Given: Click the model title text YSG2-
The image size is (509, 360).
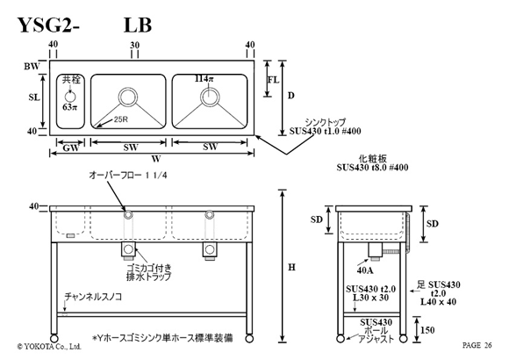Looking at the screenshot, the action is (48, 25).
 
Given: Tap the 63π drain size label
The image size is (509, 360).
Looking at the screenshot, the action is (70, 106).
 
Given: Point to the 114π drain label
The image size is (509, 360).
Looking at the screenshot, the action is (204, 78).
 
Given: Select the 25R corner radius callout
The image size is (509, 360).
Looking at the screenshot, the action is (121, 119).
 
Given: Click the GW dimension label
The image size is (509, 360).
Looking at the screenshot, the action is (71, 148).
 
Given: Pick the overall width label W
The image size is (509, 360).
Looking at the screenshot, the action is (156, 159).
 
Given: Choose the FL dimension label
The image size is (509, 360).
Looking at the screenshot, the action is (273, 80).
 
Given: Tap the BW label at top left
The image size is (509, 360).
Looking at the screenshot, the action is (32, 67).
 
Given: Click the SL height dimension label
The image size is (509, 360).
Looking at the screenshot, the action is (33, 97).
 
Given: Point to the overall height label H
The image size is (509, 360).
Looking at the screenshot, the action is (292, 267).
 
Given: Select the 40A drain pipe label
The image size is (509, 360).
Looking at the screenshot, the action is (365, 270).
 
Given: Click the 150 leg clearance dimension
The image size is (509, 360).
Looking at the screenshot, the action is (427, 330).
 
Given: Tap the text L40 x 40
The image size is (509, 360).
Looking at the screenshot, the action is (438, 302).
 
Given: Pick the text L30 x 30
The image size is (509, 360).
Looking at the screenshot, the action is (370, 298).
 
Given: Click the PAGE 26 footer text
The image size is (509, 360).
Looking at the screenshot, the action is (477, 345).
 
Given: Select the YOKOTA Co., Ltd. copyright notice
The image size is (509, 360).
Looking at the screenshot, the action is (48, 347).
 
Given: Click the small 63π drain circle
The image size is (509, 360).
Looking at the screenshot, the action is (70, 97).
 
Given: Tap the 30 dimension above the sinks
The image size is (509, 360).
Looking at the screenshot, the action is (135, 45).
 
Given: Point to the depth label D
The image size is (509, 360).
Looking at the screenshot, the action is (291, 96).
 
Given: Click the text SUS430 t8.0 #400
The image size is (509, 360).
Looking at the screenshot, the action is (372, 168).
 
